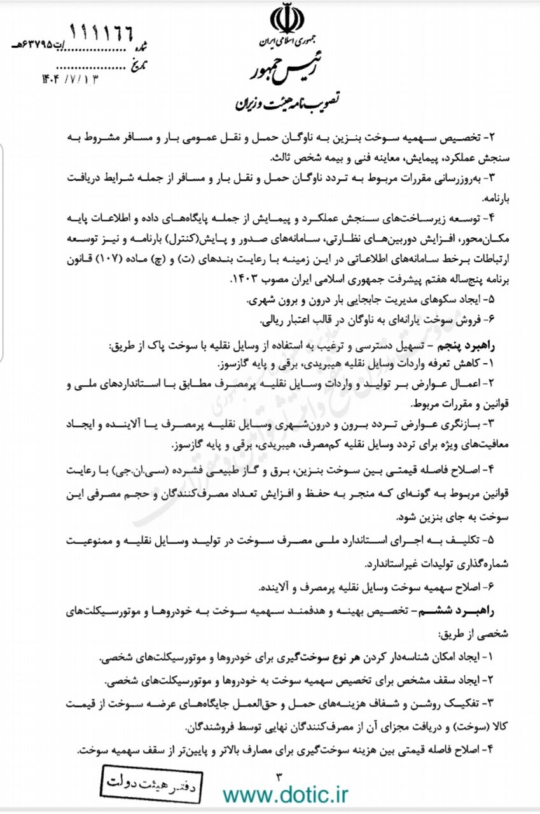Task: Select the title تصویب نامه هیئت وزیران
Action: click(288, 101)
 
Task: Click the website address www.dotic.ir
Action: click(286, 794)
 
